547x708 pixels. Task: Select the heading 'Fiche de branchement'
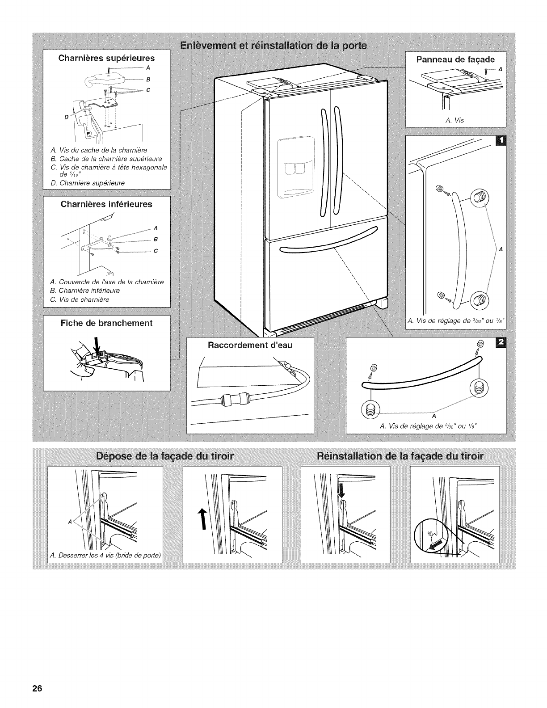(106, 323)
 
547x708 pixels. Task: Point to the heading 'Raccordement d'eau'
(250, 345)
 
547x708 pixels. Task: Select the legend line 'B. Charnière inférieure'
(85, 291)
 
